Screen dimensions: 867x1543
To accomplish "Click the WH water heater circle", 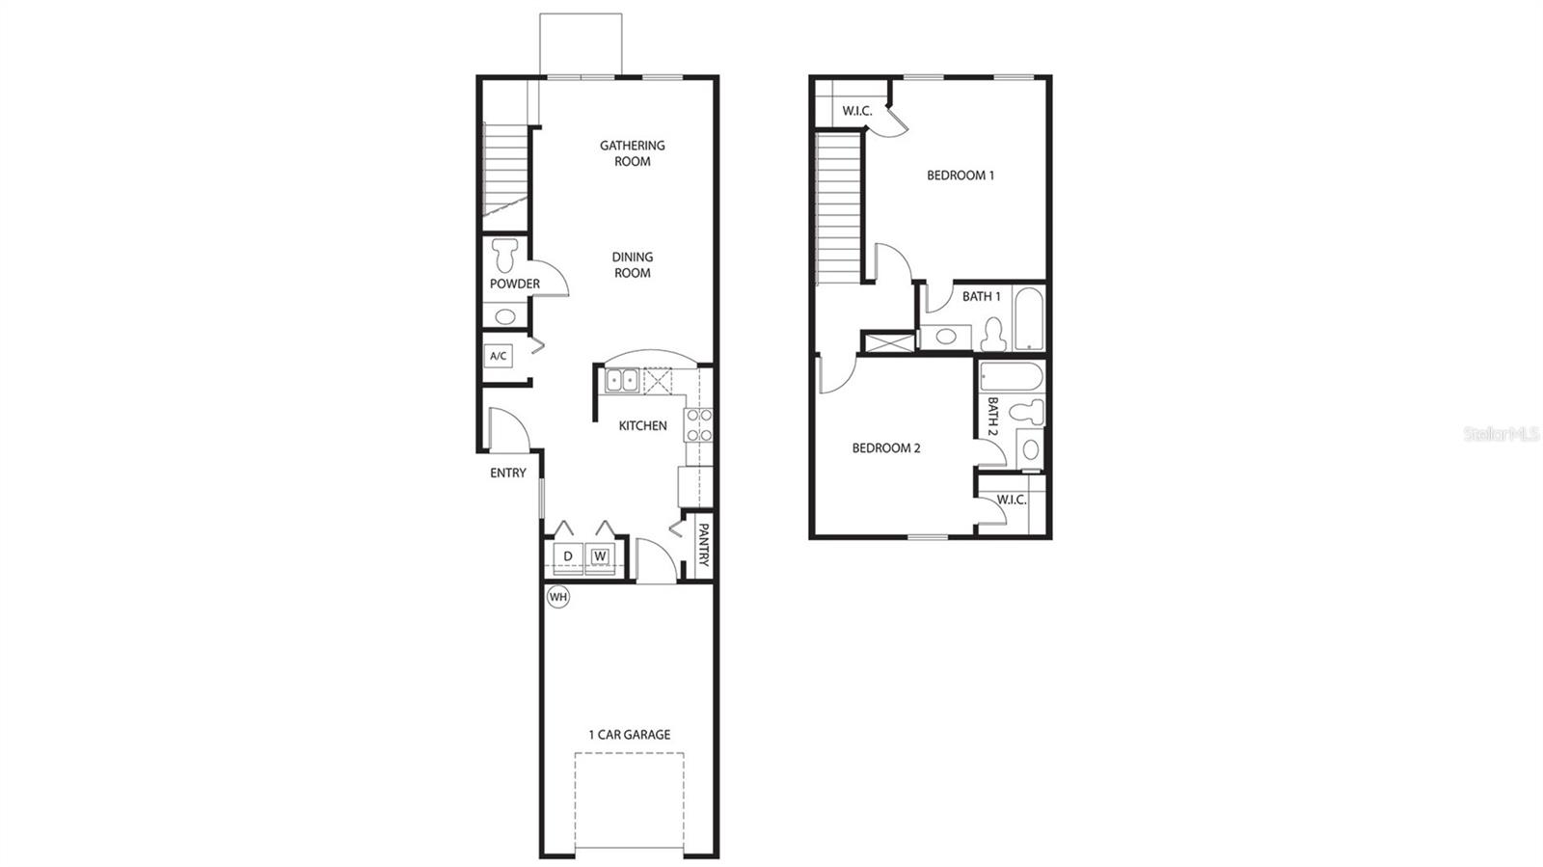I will [x=558, y=597].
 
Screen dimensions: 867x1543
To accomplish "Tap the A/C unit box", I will [x=499, y=356].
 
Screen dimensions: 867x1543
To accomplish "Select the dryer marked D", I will [x=568, y=556].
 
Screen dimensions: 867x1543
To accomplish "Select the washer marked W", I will [x=600, y=556].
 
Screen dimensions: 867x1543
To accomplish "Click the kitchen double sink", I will [x=621, y=381].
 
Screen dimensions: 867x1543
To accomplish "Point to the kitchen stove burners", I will [x=699, y=425].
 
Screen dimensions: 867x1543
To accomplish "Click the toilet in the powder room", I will [x=504, y=255].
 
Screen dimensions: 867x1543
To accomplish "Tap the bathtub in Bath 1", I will [x=1029, y=318].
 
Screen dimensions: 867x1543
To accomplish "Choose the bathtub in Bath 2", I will [x=1011, y=376].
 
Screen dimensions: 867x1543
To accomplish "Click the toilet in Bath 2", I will [x=1028, y=413].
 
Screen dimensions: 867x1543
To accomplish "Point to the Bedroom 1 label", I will [x=961, y=176].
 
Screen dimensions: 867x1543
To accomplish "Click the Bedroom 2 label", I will [x=886, y=448].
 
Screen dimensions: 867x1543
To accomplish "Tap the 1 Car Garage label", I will [x=630, y=735].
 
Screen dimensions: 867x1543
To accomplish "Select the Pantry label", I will [x=703, y=546].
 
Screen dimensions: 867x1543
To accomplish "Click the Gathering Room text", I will [x=633, y=153].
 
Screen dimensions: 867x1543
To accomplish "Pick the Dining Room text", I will [x=633, y=265].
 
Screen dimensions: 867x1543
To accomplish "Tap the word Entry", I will [x=508, y=473].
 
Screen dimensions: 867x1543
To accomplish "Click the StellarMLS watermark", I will [x=1502, y=434].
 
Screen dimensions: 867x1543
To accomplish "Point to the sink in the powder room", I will [x=504, y=316].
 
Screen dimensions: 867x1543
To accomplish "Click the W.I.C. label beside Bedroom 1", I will [x=857, y=111].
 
